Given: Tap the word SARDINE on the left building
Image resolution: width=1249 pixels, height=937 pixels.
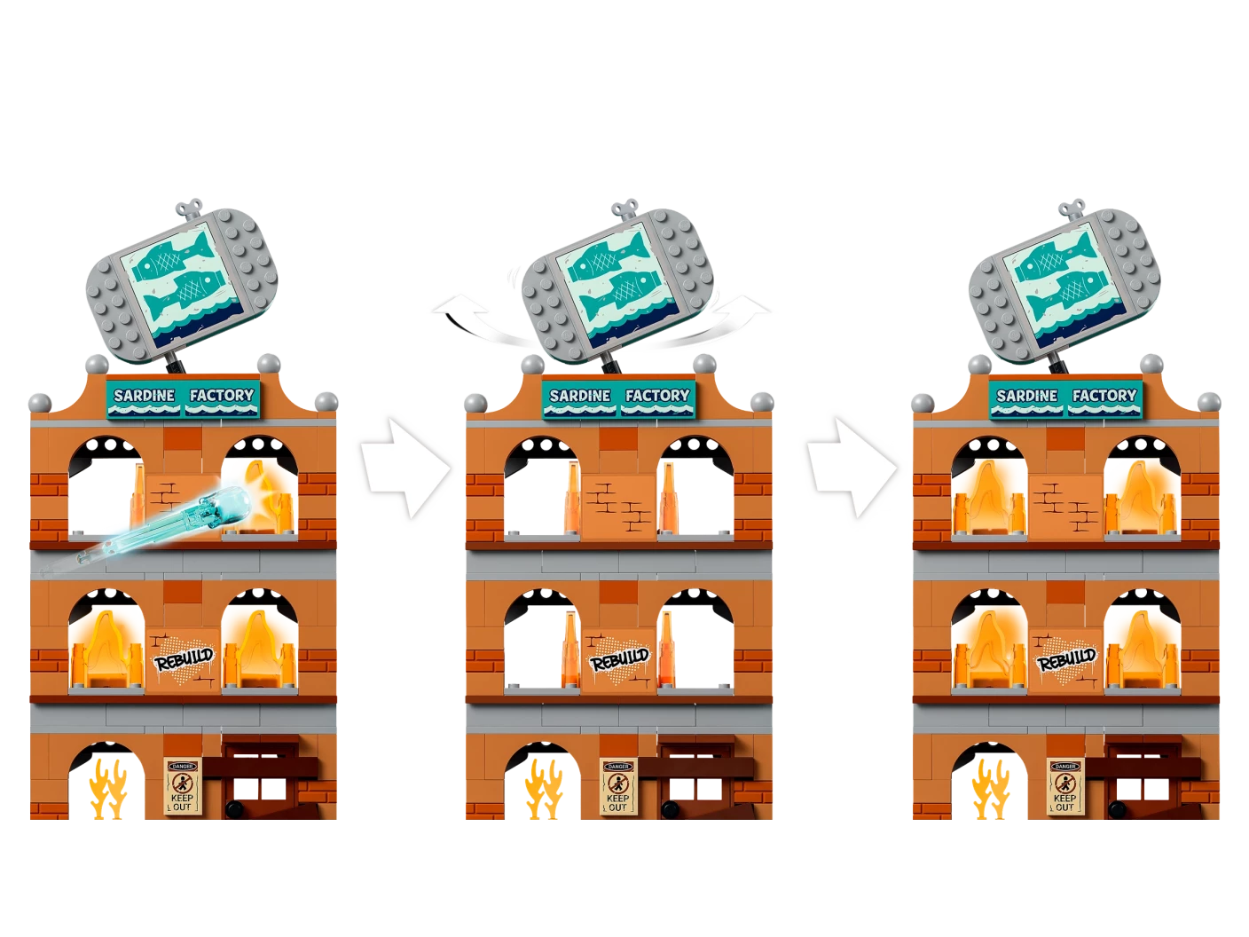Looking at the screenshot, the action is [x=144, y=396].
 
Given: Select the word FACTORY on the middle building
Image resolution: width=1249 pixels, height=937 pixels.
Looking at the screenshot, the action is [x=657, y=396].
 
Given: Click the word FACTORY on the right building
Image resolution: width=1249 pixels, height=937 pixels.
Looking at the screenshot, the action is [x=1104, y=396].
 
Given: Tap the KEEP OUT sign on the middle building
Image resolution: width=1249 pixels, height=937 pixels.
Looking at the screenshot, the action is [x=618, y=786].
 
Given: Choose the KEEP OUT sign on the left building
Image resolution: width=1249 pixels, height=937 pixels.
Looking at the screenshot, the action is [x=182, y=786].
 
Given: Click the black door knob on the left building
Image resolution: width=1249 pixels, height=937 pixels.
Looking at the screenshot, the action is [x=232, y=808].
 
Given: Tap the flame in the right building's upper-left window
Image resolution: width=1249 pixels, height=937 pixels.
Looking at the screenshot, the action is [x=988, y=499].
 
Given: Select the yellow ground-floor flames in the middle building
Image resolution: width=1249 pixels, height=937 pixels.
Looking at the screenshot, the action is [x=544, y=789].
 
